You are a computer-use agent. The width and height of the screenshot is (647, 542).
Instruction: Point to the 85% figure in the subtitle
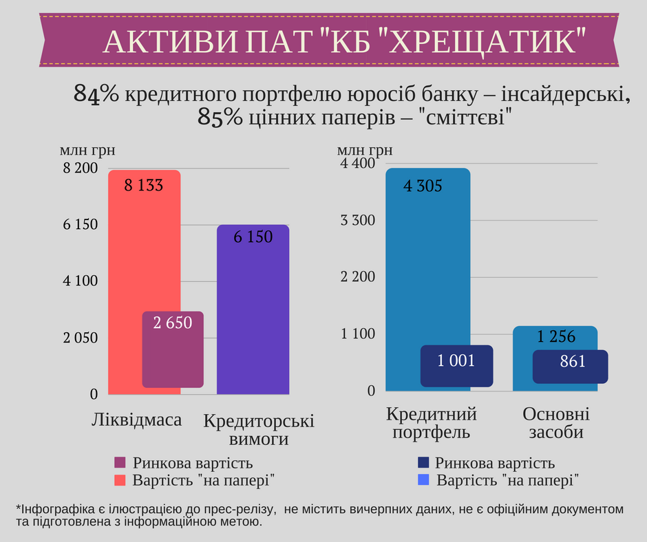(x=220, y=118)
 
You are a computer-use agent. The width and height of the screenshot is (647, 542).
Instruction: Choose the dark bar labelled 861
(x=570, y=367)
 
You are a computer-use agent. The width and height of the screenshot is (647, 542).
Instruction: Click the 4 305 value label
(x=423, y=186)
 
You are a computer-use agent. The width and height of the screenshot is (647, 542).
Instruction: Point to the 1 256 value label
(x=556, y=337)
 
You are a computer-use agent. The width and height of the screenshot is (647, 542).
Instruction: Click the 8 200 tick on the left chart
(x=81, y=169)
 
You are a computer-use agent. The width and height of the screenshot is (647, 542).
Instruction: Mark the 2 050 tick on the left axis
(x=81, y=338)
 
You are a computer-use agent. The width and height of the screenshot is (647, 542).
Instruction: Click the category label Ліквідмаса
(x=136, y=420)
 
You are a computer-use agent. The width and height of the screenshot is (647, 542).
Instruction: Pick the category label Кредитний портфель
(x=432, y=423)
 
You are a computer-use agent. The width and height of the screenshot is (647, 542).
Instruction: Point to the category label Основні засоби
(x=556, y=423)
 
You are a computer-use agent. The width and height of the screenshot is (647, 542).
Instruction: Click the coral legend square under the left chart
(x=120, y=479)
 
